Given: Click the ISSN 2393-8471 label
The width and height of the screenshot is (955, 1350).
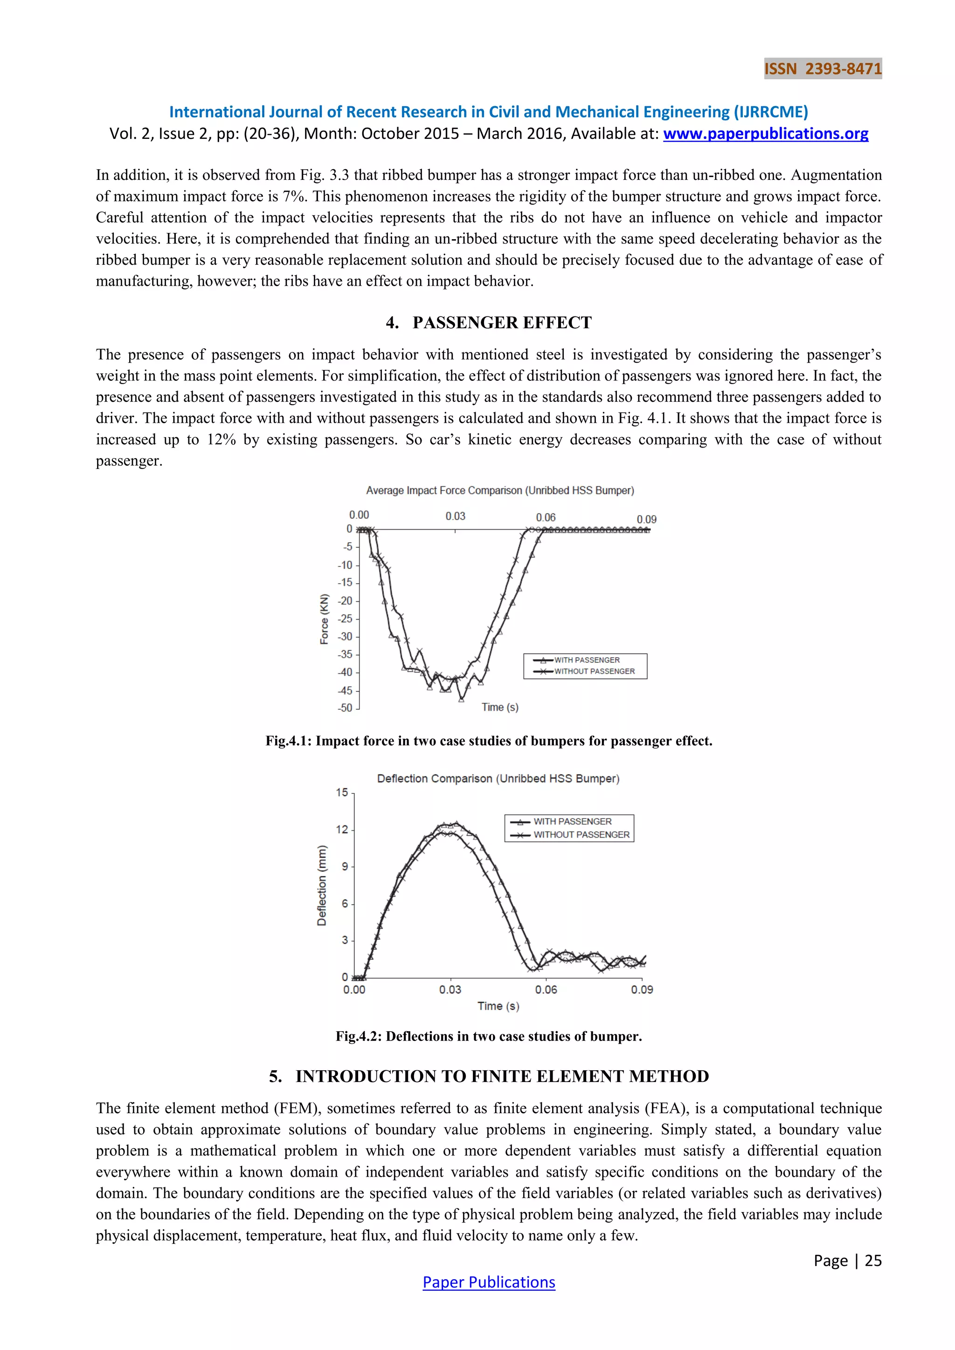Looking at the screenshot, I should click(x=823, y=69).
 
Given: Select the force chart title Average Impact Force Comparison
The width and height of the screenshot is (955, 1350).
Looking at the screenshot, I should click(x=499, y=490).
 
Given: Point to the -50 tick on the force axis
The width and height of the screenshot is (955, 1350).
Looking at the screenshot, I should click(x=345, y=708).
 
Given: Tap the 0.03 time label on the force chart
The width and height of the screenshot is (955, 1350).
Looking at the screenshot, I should click(x=455, y=516).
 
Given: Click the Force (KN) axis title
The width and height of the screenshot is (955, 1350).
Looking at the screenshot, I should click(x=324, y=619).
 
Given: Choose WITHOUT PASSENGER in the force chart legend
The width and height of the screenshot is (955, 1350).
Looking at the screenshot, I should click(x=594, y=671).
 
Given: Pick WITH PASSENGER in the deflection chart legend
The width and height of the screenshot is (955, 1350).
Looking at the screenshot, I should click(x=572, y=821).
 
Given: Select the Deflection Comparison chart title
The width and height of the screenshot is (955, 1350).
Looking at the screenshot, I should click(x=498, y=778).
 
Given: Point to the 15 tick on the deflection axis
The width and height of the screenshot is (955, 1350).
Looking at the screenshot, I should click(x=342, y=792).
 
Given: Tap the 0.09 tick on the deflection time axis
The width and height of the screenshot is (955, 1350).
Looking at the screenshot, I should click(x=642, y=990).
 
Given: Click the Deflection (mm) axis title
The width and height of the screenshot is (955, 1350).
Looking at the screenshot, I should click(x=322, y=886).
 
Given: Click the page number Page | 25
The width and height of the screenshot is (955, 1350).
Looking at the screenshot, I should click(x=847, y=1260).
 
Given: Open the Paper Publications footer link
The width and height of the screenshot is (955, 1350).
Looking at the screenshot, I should click(x=489, y=1282).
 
